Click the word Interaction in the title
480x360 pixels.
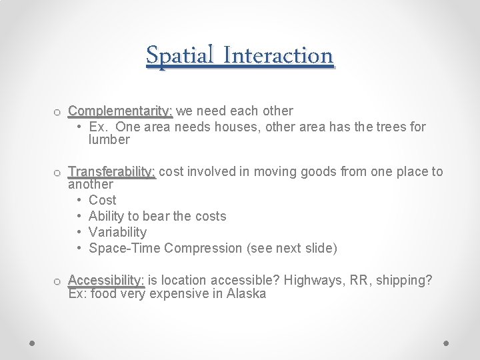tap(278, 55)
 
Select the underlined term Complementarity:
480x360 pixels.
tap(121, 111)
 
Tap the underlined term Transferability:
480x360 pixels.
tap(112, 172)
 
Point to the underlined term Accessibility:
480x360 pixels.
tap(106, 280)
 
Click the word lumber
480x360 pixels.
tap(109, 140)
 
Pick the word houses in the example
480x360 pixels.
tap(239, 127)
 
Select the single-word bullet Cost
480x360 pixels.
tap(102, 200)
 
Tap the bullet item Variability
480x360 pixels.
tap(117, 232)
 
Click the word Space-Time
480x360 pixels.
tap(125, 248)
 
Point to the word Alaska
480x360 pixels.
tap(246, 294)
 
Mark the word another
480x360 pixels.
tap(91, 185)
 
